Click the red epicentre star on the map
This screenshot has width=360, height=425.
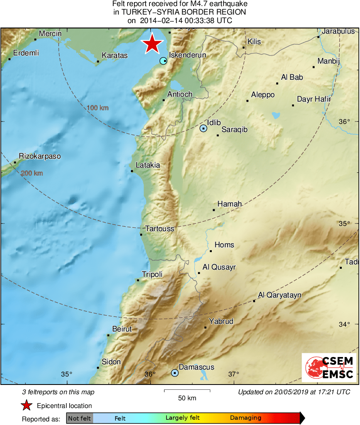[x=152, y=44]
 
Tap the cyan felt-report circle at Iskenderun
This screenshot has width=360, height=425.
[x=163, y=61]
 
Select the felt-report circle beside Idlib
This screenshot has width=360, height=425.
[x=203, y=128]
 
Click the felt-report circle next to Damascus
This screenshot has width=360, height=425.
[x=175, y=373]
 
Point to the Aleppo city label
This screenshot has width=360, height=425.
[x=262, y=95]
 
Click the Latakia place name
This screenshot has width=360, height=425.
[x=148, y=165]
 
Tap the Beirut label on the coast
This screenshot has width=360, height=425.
[x=122, y=329]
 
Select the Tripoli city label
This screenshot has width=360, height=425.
[x=152, y=274]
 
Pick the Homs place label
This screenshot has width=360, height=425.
[x=224, y=245]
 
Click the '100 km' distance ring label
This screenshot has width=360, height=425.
[x=98, y=108]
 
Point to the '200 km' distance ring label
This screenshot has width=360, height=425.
[x=32, y=173]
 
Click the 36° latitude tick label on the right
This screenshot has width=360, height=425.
[x=344, y=121]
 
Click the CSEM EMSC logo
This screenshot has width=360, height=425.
[x=329, y=368]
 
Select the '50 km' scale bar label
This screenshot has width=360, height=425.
[x=187, y=398]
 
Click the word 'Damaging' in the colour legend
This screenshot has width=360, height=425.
[x=245, y=418]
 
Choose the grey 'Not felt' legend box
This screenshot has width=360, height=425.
[x=79, y=418]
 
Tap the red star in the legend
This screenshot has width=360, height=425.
[x=27, y=406]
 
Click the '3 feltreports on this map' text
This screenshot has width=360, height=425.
[x=58, y=392]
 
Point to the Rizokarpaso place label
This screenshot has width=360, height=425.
[x=40, y=156]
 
